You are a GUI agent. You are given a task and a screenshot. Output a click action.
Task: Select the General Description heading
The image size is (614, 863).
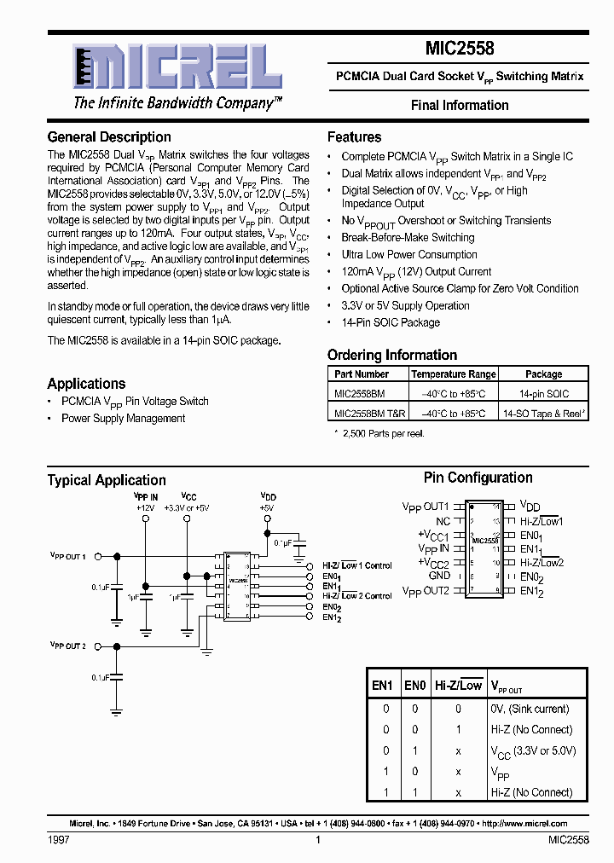(109, 137)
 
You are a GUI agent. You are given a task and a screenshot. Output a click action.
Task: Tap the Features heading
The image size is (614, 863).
(354, 137)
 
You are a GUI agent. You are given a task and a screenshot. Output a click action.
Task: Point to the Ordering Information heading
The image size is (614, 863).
(392, 356)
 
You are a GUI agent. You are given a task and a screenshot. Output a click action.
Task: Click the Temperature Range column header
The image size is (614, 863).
(453, 374)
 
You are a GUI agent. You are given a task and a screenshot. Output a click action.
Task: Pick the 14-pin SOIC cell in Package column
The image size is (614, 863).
(543, 394)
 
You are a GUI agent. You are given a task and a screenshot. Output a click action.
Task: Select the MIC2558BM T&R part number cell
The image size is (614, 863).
(369, 414)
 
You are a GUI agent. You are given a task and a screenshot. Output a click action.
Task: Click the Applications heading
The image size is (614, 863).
(86, 384)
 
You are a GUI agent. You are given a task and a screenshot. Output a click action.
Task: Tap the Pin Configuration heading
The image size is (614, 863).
(478, 478)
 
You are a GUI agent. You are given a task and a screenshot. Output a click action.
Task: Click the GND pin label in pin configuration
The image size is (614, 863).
(438, 576)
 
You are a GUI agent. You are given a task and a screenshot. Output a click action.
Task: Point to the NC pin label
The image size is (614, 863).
(442, 521)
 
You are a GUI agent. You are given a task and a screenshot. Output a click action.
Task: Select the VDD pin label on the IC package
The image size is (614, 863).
(530, 507)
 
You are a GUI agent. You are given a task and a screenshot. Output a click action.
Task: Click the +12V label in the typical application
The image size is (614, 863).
(145, 507)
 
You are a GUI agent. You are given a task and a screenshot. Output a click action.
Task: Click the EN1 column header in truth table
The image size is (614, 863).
(382, 685)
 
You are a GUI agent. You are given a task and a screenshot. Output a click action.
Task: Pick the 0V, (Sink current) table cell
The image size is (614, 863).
(530, 709)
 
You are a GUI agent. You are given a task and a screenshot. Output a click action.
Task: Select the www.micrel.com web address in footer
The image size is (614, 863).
(530, 824)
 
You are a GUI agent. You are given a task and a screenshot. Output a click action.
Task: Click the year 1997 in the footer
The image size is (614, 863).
(58, 841)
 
